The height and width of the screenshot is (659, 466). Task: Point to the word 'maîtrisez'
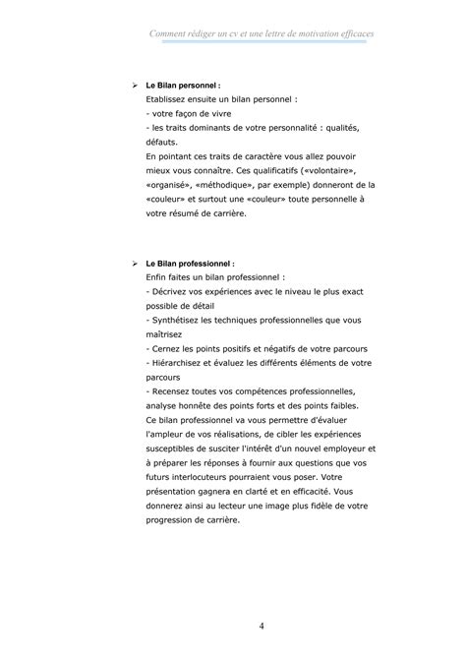(165, 335)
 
